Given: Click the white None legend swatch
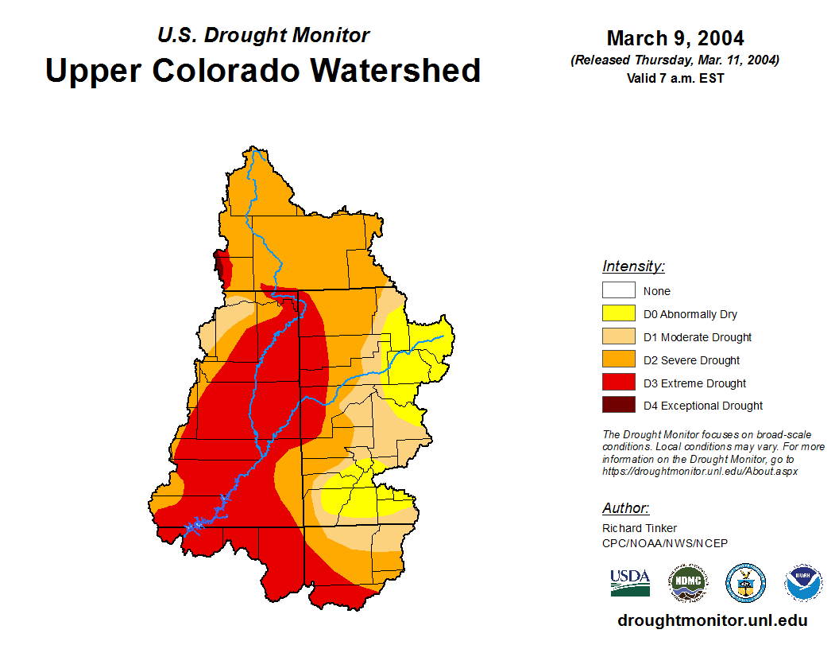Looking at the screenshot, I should point(618,290).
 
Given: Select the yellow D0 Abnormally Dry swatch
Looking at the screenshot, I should point(618,313).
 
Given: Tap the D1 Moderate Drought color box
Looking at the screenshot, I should point(618,336).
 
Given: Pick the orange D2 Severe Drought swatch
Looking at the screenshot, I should point(618,359).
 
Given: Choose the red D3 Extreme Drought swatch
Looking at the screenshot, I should point(618,383).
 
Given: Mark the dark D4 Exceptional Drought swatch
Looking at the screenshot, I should point(618,405).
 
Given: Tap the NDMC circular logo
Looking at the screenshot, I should point(687,583).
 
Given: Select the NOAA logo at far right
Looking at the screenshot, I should point(803,583).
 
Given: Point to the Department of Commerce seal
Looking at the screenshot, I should point(745,583).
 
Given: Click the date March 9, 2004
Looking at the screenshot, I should point(675,38).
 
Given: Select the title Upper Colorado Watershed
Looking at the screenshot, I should point(263,70).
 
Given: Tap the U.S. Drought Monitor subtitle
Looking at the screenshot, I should point(263,35).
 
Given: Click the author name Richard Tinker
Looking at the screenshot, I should point(640,528).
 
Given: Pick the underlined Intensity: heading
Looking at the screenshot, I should point(633,266).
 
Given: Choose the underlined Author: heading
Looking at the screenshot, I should point(625,508).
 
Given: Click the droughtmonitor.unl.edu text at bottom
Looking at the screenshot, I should point(712,621).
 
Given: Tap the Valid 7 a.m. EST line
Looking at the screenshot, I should point(675,78).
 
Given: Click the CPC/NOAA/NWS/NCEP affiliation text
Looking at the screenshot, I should point(665,543).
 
